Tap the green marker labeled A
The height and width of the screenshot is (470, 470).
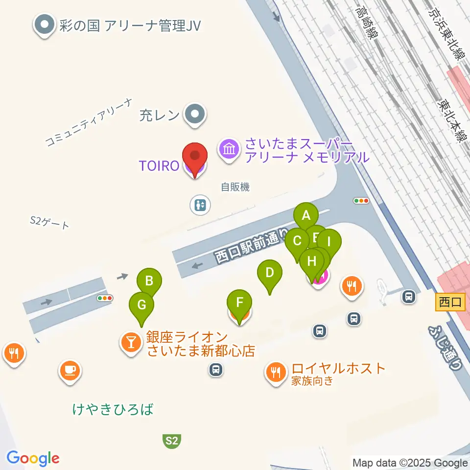(x=306, y=215)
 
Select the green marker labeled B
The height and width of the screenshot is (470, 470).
(x=149, y=281)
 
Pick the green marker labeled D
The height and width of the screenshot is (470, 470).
(x=269, y=272)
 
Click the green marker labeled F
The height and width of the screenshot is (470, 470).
(x=239, y=302)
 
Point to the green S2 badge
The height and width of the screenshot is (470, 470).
(x=171, y=440)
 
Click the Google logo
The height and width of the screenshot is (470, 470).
(x=33, y=458)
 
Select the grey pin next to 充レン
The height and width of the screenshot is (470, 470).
(x=195, y=115)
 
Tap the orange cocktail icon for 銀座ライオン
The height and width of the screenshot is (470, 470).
(x=131, y=341)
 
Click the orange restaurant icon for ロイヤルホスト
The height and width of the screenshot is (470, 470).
(x=277, y=372)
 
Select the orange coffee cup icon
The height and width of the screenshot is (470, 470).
(x=70, y=369)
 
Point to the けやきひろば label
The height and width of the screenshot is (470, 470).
(x=113, y=409)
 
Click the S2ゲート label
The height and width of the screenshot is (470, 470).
(x=49, y=224)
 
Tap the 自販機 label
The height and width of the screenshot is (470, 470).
(x=235, y=187)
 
